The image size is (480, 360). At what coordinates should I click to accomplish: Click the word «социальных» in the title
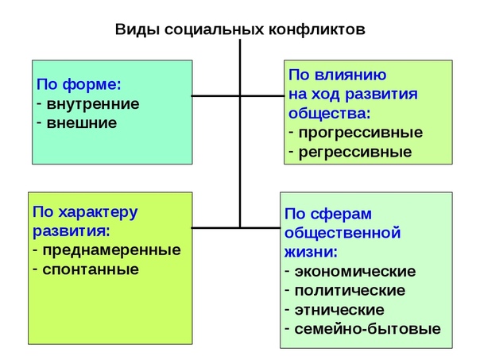(214, 30)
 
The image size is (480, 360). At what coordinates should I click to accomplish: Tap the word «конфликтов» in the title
(317, 29)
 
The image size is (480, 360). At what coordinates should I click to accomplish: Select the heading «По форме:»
(79, 84)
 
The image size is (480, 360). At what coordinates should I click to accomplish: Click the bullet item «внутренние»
(93, 104)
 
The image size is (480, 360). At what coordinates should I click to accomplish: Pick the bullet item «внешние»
(81, 123)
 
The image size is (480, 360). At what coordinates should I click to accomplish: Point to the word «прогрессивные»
(361, 134)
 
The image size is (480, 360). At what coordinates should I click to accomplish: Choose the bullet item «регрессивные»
(355, 153)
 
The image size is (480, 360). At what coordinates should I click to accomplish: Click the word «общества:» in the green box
(329, 114)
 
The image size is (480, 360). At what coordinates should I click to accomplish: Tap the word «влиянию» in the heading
(350, 75)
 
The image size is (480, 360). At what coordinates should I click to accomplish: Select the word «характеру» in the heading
(98, 213)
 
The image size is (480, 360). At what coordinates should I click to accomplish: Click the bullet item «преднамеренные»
(111, 250)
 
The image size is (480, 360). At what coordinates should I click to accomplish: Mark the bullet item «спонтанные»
(91, 270)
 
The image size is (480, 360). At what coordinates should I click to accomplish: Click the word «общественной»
(343, 234)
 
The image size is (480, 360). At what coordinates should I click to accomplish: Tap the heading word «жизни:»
(311, 252)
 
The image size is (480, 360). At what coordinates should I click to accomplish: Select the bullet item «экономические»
(355, 272)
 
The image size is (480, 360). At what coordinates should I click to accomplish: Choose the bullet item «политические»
(350, 291)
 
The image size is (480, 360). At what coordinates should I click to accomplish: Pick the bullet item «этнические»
(339, 311)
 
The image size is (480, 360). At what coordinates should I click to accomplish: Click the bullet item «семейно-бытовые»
(368, 329)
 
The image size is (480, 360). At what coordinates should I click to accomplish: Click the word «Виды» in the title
(137, 30)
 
